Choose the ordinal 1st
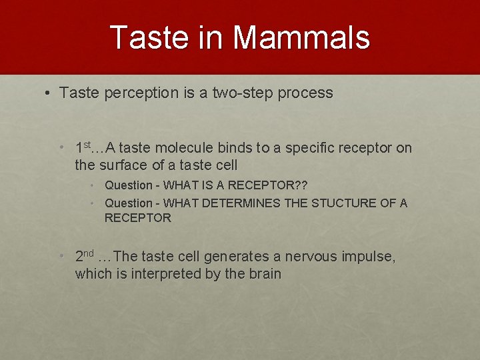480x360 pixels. (x=83, y=147)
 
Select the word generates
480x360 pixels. (x=234, y=257)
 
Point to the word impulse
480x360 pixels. (x=367, y=257)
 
